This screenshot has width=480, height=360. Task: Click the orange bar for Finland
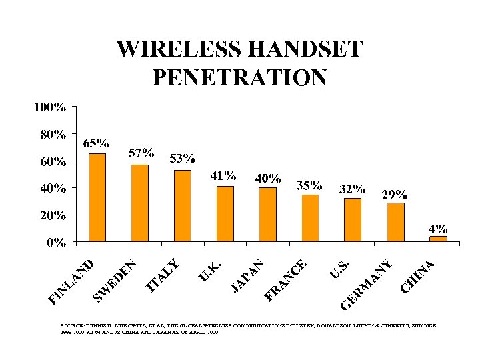97,197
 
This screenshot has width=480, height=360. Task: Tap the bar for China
438,238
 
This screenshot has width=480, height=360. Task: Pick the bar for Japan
267,214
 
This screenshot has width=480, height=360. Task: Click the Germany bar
395,221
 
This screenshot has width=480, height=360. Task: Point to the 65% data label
96,143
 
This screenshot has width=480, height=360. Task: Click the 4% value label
438,228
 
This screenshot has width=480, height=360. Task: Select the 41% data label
223,176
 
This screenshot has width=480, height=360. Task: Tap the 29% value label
395,195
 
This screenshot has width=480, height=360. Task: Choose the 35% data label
309,185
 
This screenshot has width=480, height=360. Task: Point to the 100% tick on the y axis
51,107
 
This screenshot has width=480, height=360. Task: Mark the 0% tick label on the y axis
56,242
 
